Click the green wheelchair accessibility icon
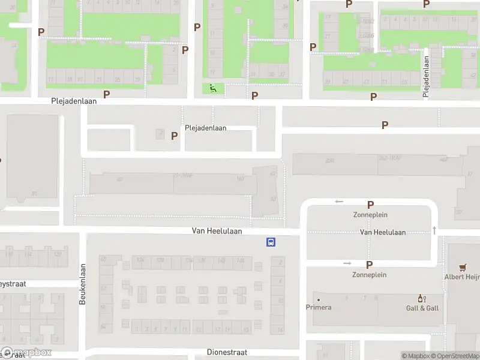(212, 89)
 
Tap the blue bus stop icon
(271, 242)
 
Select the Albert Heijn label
(462, 277)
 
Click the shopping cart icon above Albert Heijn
(463, 268)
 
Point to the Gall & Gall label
(423, 308)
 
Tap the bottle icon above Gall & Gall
(422, 298)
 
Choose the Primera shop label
(318, 308)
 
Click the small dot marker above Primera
(318, 299)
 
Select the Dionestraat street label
(227, 352)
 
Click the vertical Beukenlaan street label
(83, 284)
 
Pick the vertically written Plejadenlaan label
(427, 75)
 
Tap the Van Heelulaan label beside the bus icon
(217, 230)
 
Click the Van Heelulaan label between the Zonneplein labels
(383, 232)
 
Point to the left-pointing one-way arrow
(340, 202)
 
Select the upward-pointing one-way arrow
(434, 230)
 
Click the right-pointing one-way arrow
(347, 263)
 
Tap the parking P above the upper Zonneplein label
(370, 205)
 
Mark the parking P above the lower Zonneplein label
(370, 265)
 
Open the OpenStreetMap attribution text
(454, 356)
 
